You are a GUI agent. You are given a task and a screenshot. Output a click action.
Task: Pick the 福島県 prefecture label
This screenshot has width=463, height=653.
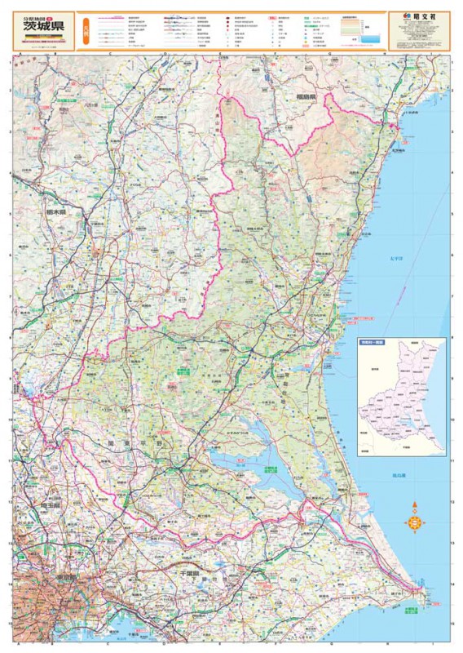[x=305, y=96]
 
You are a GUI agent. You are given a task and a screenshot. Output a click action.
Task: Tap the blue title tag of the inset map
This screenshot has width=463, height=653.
[x=371, y=344]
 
